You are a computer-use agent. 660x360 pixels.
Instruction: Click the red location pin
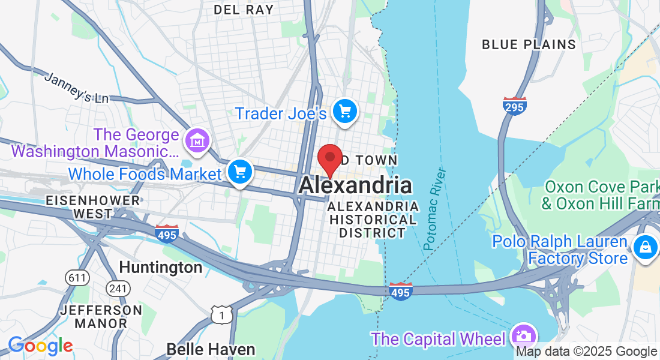(329, 159)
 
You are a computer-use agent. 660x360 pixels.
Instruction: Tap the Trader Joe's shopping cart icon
(344, 112)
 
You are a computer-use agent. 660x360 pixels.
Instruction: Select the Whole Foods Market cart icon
(241, 173)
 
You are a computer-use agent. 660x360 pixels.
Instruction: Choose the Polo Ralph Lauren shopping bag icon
(645, 247)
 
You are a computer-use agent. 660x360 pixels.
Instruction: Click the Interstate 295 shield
(515, 106)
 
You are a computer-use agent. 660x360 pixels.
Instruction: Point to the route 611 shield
(77, 278)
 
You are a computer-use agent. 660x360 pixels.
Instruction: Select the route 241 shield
(118, 289)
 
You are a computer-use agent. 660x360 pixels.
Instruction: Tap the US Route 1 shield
(221, 314)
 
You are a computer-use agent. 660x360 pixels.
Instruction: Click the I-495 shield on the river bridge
(400, 291)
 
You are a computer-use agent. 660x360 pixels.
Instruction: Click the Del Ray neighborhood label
(244, 10)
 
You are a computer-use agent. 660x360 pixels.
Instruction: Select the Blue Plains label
(529, 44)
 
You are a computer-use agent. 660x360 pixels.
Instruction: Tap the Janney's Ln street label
(76, 88)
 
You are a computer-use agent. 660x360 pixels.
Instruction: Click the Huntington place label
(160, 267)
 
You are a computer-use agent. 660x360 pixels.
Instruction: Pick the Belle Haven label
(211, 349)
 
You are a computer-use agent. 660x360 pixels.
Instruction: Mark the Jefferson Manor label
(101, 317)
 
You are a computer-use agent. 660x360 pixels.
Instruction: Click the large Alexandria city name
(355, 185)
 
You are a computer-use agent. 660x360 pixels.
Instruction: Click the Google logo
(40, 346)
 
